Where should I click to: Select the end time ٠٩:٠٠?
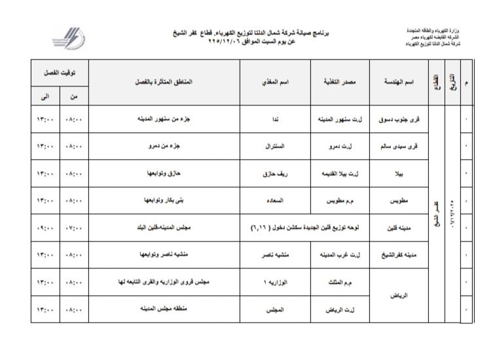click(44, 228)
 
